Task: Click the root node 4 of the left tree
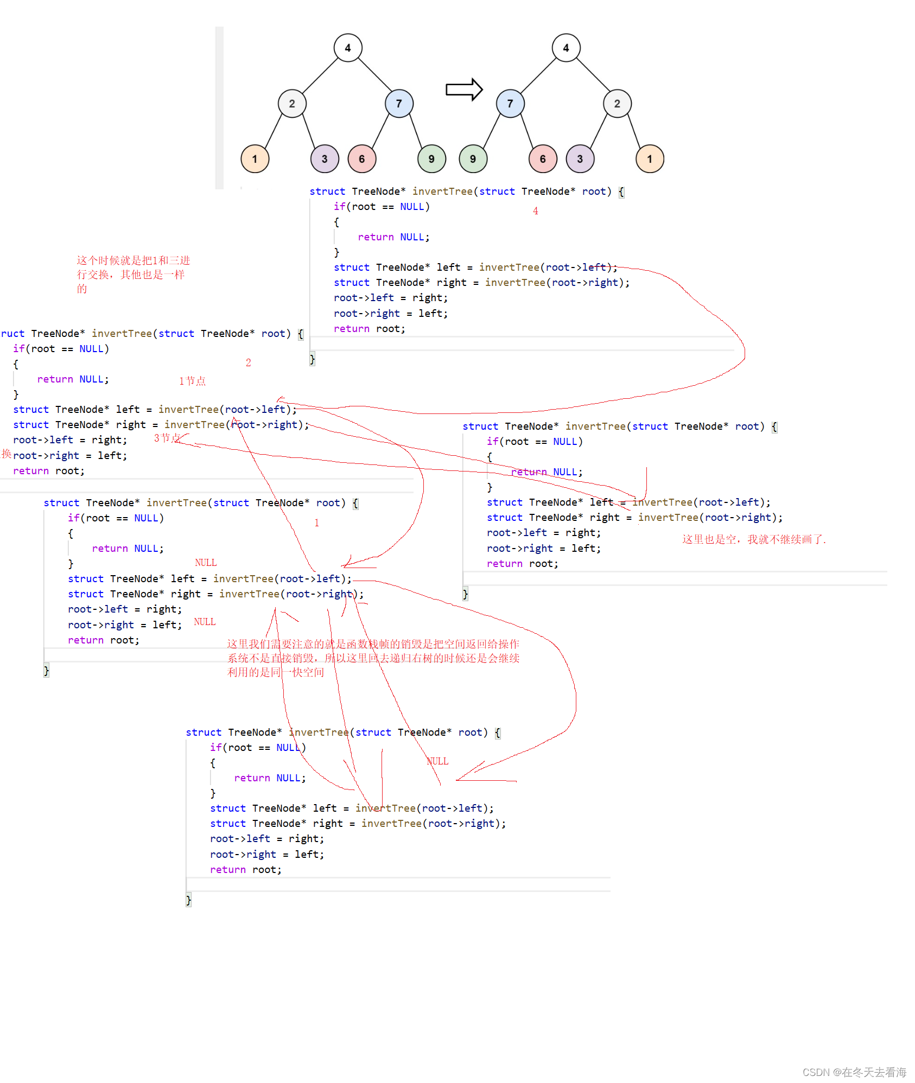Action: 348,48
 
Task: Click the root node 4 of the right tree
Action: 566,48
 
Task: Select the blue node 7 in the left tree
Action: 399,104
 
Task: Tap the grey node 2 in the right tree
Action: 617,104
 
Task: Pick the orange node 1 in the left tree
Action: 255,159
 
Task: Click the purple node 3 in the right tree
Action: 580,159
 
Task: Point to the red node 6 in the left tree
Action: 362,159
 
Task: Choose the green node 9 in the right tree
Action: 473,159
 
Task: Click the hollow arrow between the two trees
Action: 464,90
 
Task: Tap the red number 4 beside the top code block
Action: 536,211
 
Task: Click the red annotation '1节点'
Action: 192,381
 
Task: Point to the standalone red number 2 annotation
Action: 248,362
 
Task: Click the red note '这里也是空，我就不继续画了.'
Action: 754,539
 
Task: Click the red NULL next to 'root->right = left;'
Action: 205,622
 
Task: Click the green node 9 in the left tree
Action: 431,159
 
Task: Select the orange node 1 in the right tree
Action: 650,159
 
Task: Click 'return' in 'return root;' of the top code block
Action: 351,329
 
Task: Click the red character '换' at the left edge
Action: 7,454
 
